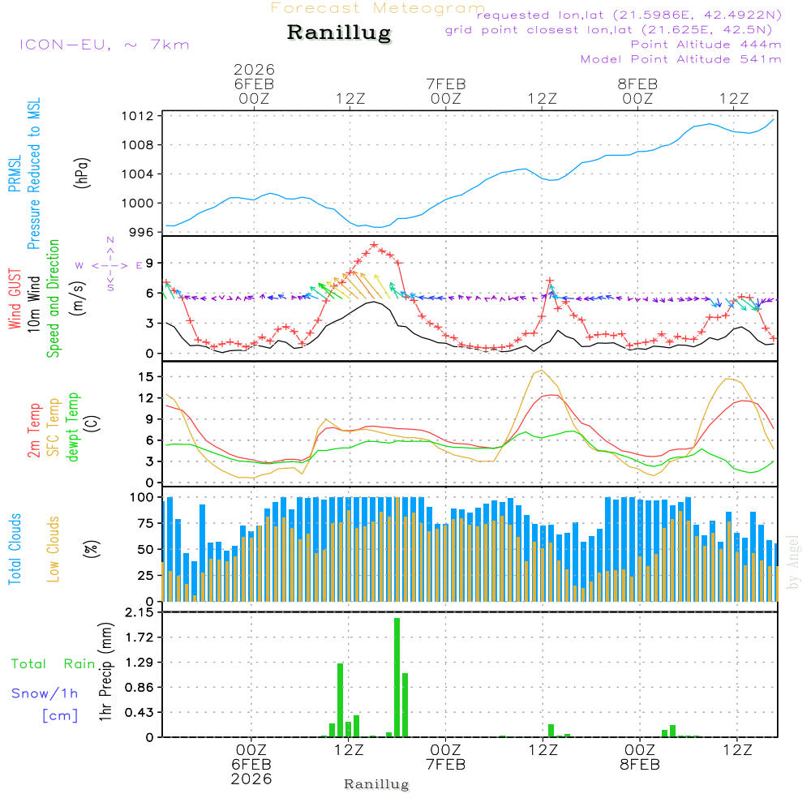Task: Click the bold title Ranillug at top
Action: [x=339, y=33]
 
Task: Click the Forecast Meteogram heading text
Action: [x=378, y=8]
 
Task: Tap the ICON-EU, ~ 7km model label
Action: [x=104, y=44]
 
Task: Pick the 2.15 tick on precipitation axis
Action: [x=139, y=612]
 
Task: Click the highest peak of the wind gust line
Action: [x=374, y=244]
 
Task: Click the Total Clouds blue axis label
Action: [x=15, y=549]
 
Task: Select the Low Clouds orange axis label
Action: [x=54, y=549]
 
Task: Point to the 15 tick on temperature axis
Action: [x=147, y=376]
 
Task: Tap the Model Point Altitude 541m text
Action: [x=680, y=59]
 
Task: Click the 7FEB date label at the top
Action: [x=446, y=84]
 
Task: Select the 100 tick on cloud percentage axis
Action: [x=143, y=496]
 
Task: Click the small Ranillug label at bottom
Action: [x=376, y=784]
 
